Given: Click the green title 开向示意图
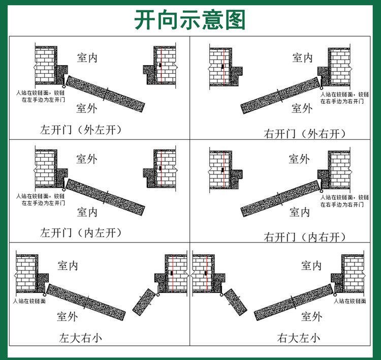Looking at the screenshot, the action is [x=190, y=20].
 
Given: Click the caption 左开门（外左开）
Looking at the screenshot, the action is [x=81, y=130].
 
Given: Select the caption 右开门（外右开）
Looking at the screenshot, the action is [x=305, y=134].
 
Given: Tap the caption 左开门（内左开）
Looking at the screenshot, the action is [x=81, y=233].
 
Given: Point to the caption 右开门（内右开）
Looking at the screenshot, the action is [x=305, y=237].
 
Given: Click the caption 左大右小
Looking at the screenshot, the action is [x=80, y=338].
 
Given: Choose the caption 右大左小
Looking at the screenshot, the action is [x=299, y=338].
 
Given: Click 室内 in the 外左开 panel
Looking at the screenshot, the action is [x=87, y=58].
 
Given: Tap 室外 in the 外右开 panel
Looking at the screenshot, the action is [x=302, y=108].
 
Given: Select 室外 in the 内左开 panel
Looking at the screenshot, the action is [x=87, y=159].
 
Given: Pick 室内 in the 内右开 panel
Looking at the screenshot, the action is [x=300, y=212].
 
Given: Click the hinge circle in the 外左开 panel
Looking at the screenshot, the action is [x=64, y=86].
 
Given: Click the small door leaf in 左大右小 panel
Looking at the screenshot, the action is [x=144, y=302].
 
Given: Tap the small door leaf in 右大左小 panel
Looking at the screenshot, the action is [x=235, y=302].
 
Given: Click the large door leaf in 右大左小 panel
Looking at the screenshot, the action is [x=294, y=302].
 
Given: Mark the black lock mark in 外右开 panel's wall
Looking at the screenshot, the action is [x=223, y=67].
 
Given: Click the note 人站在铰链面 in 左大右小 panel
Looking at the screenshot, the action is [x=29, y=301].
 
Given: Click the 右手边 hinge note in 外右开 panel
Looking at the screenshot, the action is [x=344, y=98].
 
